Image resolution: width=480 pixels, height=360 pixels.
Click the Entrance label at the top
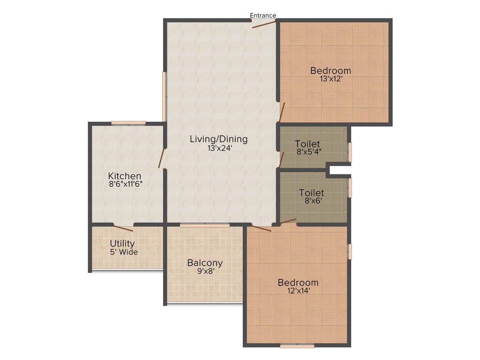tap(263, 15)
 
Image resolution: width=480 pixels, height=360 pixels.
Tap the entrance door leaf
tap(264, 23)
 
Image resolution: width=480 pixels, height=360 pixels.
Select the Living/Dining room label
tap(218, 139)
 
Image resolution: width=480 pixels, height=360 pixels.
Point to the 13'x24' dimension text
tap(218, 148)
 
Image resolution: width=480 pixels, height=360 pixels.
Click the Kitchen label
tap(125, 176)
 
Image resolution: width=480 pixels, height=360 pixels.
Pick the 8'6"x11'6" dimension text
tap(125, 184)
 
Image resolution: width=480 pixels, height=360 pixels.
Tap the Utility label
tap(122, 244)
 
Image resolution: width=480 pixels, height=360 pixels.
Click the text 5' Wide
tap(124, 252)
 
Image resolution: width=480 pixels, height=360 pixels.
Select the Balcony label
tap(205, 263)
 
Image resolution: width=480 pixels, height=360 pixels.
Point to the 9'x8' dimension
tap(205, 271)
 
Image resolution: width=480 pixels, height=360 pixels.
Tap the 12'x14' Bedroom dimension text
tap(298, 291)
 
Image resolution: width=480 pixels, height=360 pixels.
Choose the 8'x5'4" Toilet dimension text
tap(307, 152)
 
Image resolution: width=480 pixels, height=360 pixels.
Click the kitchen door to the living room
tap(162, 158)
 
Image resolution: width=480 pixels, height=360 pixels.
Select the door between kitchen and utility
tap(123, 228)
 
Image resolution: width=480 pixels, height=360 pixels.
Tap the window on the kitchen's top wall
tap(128, 123)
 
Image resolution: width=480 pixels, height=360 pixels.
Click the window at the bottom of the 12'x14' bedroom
tap(297, 346)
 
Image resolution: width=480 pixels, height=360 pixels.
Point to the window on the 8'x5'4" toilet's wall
tap(350, 152)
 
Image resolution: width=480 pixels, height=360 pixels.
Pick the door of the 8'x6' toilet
tap(288, 222)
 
